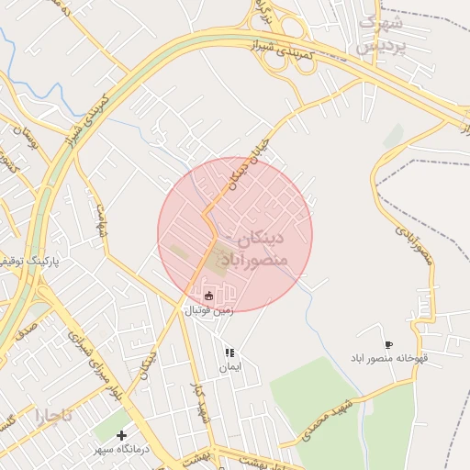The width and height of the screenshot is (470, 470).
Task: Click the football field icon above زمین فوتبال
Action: [x=208, y=296]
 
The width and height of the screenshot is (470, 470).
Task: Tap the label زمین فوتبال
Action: [x=209, y=310]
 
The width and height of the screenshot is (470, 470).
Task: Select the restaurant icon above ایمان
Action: [x=229, y=352]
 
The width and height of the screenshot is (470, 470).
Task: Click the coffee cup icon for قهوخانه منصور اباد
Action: [x=388, y=345]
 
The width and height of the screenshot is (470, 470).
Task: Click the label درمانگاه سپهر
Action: [x=121, y=450]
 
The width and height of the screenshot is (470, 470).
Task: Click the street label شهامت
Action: [x=102, y=219]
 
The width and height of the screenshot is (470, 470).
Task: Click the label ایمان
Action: [x=229, y=368]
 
